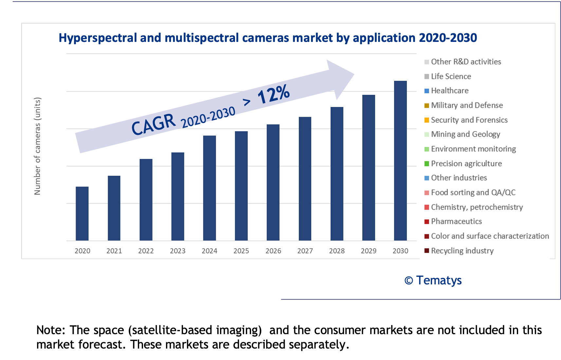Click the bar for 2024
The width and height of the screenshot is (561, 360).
[209, 188]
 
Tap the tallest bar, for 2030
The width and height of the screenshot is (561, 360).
[400, 160]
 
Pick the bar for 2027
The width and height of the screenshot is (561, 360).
[305, 179]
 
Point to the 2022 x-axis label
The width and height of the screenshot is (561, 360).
[146, 251]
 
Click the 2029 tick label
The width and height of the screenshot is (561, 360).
[369, 251]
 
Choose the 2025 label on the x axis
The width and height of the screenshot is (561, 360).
[241, 251]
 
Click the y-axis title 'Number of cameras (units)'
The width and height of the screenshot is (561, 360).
[38, 146]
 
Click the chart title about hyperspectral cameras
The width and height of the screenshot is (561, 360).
[268, 38]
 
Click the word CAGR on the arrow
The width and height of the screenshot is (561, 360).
[153, 125]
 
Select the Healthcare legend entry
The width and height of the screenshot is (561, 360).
[449, 91]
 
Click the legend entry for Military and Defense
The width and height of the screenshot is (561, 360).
[467, 105]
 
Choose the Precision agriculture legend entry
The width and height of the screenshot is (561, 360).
[466, 164]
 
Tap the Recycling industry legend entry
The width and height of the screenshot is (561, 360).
[462, 251]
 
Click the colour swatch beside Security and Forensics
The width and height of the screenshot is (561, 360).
[427, 120]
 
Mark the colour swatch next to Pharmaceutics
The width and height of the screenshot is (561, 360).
[427, 222]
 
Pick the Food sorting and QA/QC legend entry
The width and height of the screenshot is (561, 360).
[473, 192]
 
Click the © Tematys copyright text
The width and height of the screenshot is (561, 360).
[433, 280]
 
